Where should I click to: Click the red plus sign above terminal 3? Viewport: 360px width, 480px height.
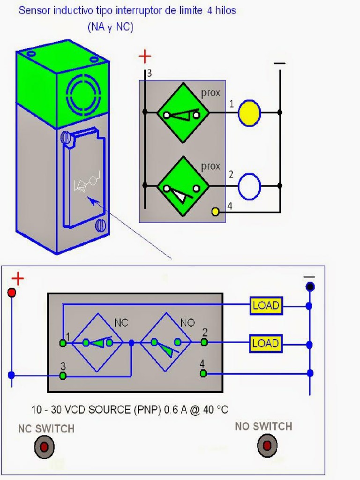[x=145, y=57]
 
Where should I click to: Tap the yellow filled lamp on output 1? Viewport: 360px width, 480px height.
[x=249, y=113]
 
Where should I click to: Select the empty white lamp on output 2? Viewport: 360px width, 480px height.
[x=249, y=186]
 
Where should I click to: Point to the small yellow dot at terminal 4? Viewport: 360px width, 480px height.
[x=216, y=211]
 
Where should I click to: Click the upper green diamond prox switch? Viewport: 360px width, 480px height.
[x=182, y=113]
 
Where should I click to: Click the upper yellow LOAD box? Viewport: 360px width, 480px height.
[x=266, y=306]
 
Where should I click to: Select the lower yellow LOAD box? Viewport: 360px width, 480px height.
[x=266, y=343]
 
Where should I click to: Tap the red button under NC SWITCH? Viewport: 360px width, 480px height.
[x=44, y=447]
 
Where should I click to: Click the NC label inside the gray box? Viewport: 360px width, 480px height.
[x=121, y=323]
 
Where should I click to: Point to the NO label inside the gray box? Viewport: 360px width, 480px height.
[x=187, y=323]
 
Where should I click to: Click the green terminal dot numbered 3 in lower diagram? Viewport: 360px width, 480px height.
[x=63, y=376]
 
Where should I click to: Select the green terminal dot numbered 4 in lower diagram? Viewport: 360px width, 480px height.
[x=203, y=373]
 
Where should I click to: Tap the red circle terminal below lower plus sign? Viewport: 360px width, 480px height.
[x=12, y=292]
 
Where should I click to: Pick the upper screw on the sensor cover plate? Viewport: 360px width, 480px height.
[x=67, y=138]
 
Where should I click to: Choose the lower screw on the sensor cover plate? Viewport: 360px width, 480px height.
[x=100, y=225]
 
